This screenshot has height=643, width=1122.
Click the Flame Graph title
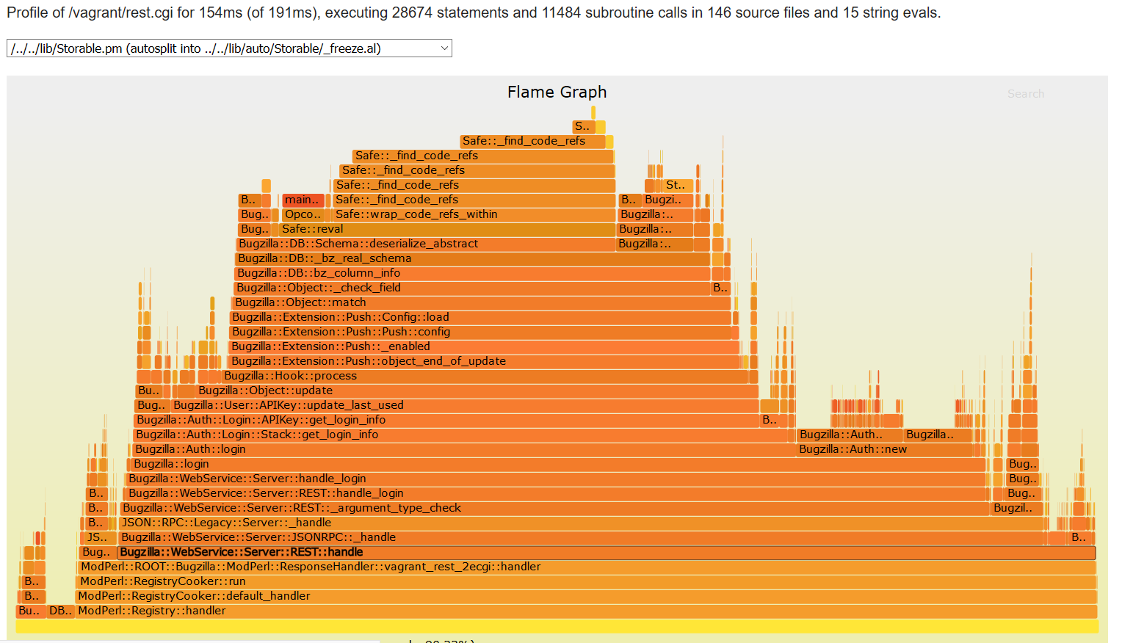tap(557, 92)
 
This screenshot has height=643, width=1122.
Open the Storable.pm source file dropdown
tap(229, 48)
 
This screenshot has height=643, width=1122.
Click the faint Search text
tap(1025, 94)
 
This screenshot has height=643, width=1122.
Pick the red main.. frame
tap(303, 200)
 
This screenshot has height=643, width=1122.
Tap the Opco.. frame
tap(303, 214)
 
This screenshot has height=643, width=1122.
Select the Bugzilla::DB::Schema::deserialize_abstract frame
tap(426, 244)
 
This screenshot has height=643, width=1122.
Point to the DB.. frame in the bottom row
tap(60, 611)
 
